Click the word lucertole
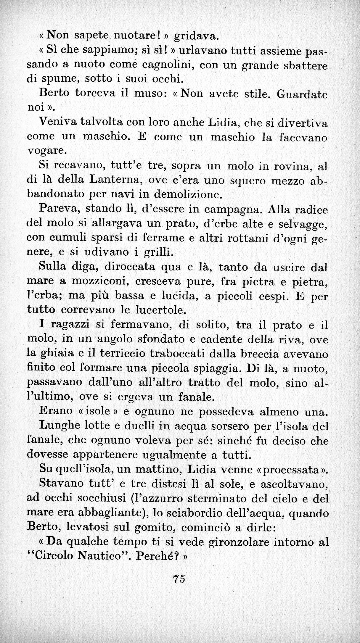click(161, 310)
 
